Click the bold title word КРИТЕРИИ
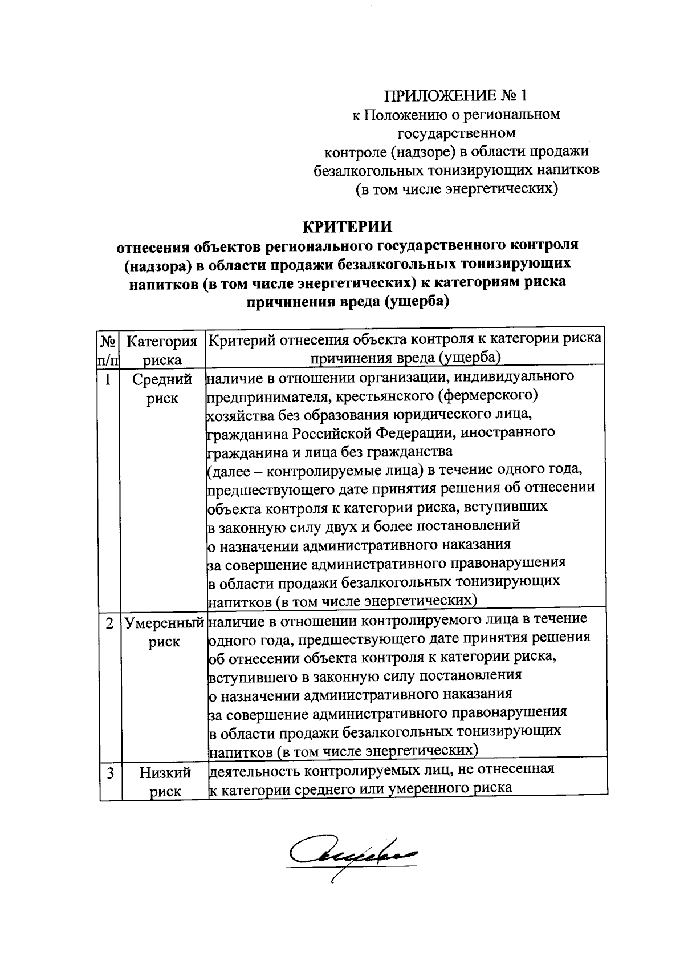tap(347, 227)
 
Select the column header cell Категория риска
tap(162, 350)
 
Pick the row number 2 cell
tap(109, 623)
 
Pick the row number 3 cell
tap(109, 773)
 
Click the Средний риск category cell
tap(162, 388)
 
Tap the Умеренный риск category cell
tap(164, 632)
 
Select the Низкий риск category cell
tap(165, 782)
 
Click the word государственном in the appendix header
tap(456, 133)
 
